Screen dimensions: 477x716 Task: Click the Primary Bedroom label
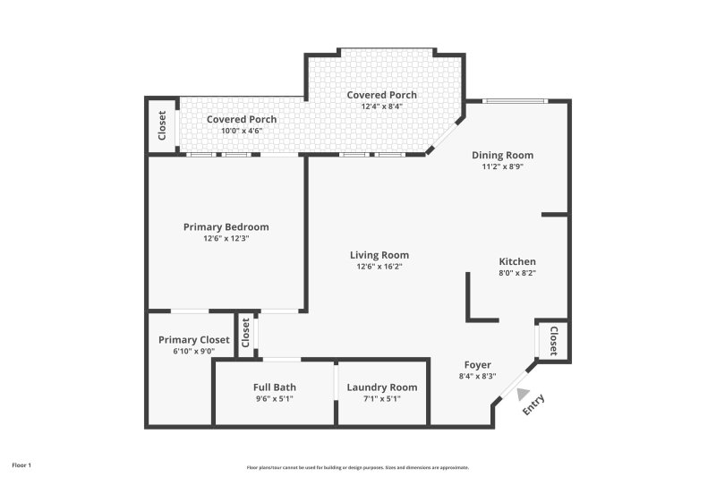pos(226,227)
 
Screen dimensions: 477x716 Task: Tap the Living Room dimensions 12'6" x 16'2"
pos(379,267)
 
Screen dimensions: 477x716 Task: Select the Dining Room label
pos(502,155)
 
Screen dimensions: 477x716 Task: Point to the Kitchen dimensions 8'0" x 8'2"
pos(516,273)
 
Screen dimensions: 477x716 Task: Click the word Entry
pos(533,405)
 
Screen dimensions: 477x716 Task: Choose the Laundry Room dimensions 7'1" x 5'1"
pos(381,398)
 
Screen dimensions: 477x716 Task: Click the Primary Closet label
pos(193,340)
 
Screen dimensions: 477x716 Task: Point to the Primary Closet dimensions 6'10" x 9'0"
pos(193,352)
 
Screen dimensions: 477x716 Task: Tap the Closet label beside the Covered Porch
pos(162,125)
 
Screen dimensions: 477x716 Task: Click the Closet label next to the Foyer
pos(554,340)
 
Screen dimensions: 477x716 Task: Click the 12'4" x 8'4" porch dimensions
pos(381,106)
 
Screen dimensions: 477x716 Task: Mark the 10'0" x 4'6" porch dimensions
pos(242,131)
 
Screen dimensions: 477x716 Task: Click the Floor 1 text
pos(21,465)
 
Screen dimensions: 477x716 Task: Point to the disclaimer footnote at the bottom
pos(357,467)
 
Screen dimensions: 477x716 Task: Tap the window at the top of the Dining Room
pos(514,100)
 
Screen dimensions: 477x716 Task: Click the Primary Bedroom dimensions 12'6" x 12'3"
pos(226,239)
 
